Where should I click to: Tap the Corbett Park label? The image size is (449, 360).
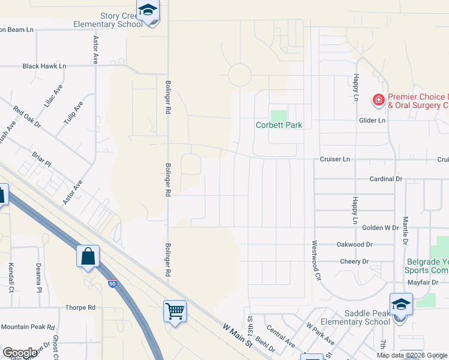279,125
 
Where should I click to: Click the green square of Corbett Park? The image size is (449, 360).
279,115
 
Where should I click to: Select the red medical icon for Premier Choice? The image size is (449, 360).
379,100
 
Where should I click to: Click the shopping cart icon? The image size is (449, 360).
175,311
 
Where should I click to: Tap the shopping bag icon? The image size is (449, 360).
88,256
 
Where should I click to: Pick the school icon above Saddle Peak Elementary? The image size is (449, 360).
400,304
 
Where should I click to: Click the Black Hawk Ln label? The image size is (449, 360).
44,66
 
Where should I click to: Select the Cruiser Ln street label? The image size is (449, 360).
335,159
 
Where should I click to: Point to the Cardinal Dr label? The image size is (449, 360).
385,179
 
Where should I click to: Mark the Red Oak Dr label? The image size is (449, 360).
27,117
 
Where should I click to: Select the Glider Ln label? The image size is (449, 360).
372,120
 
